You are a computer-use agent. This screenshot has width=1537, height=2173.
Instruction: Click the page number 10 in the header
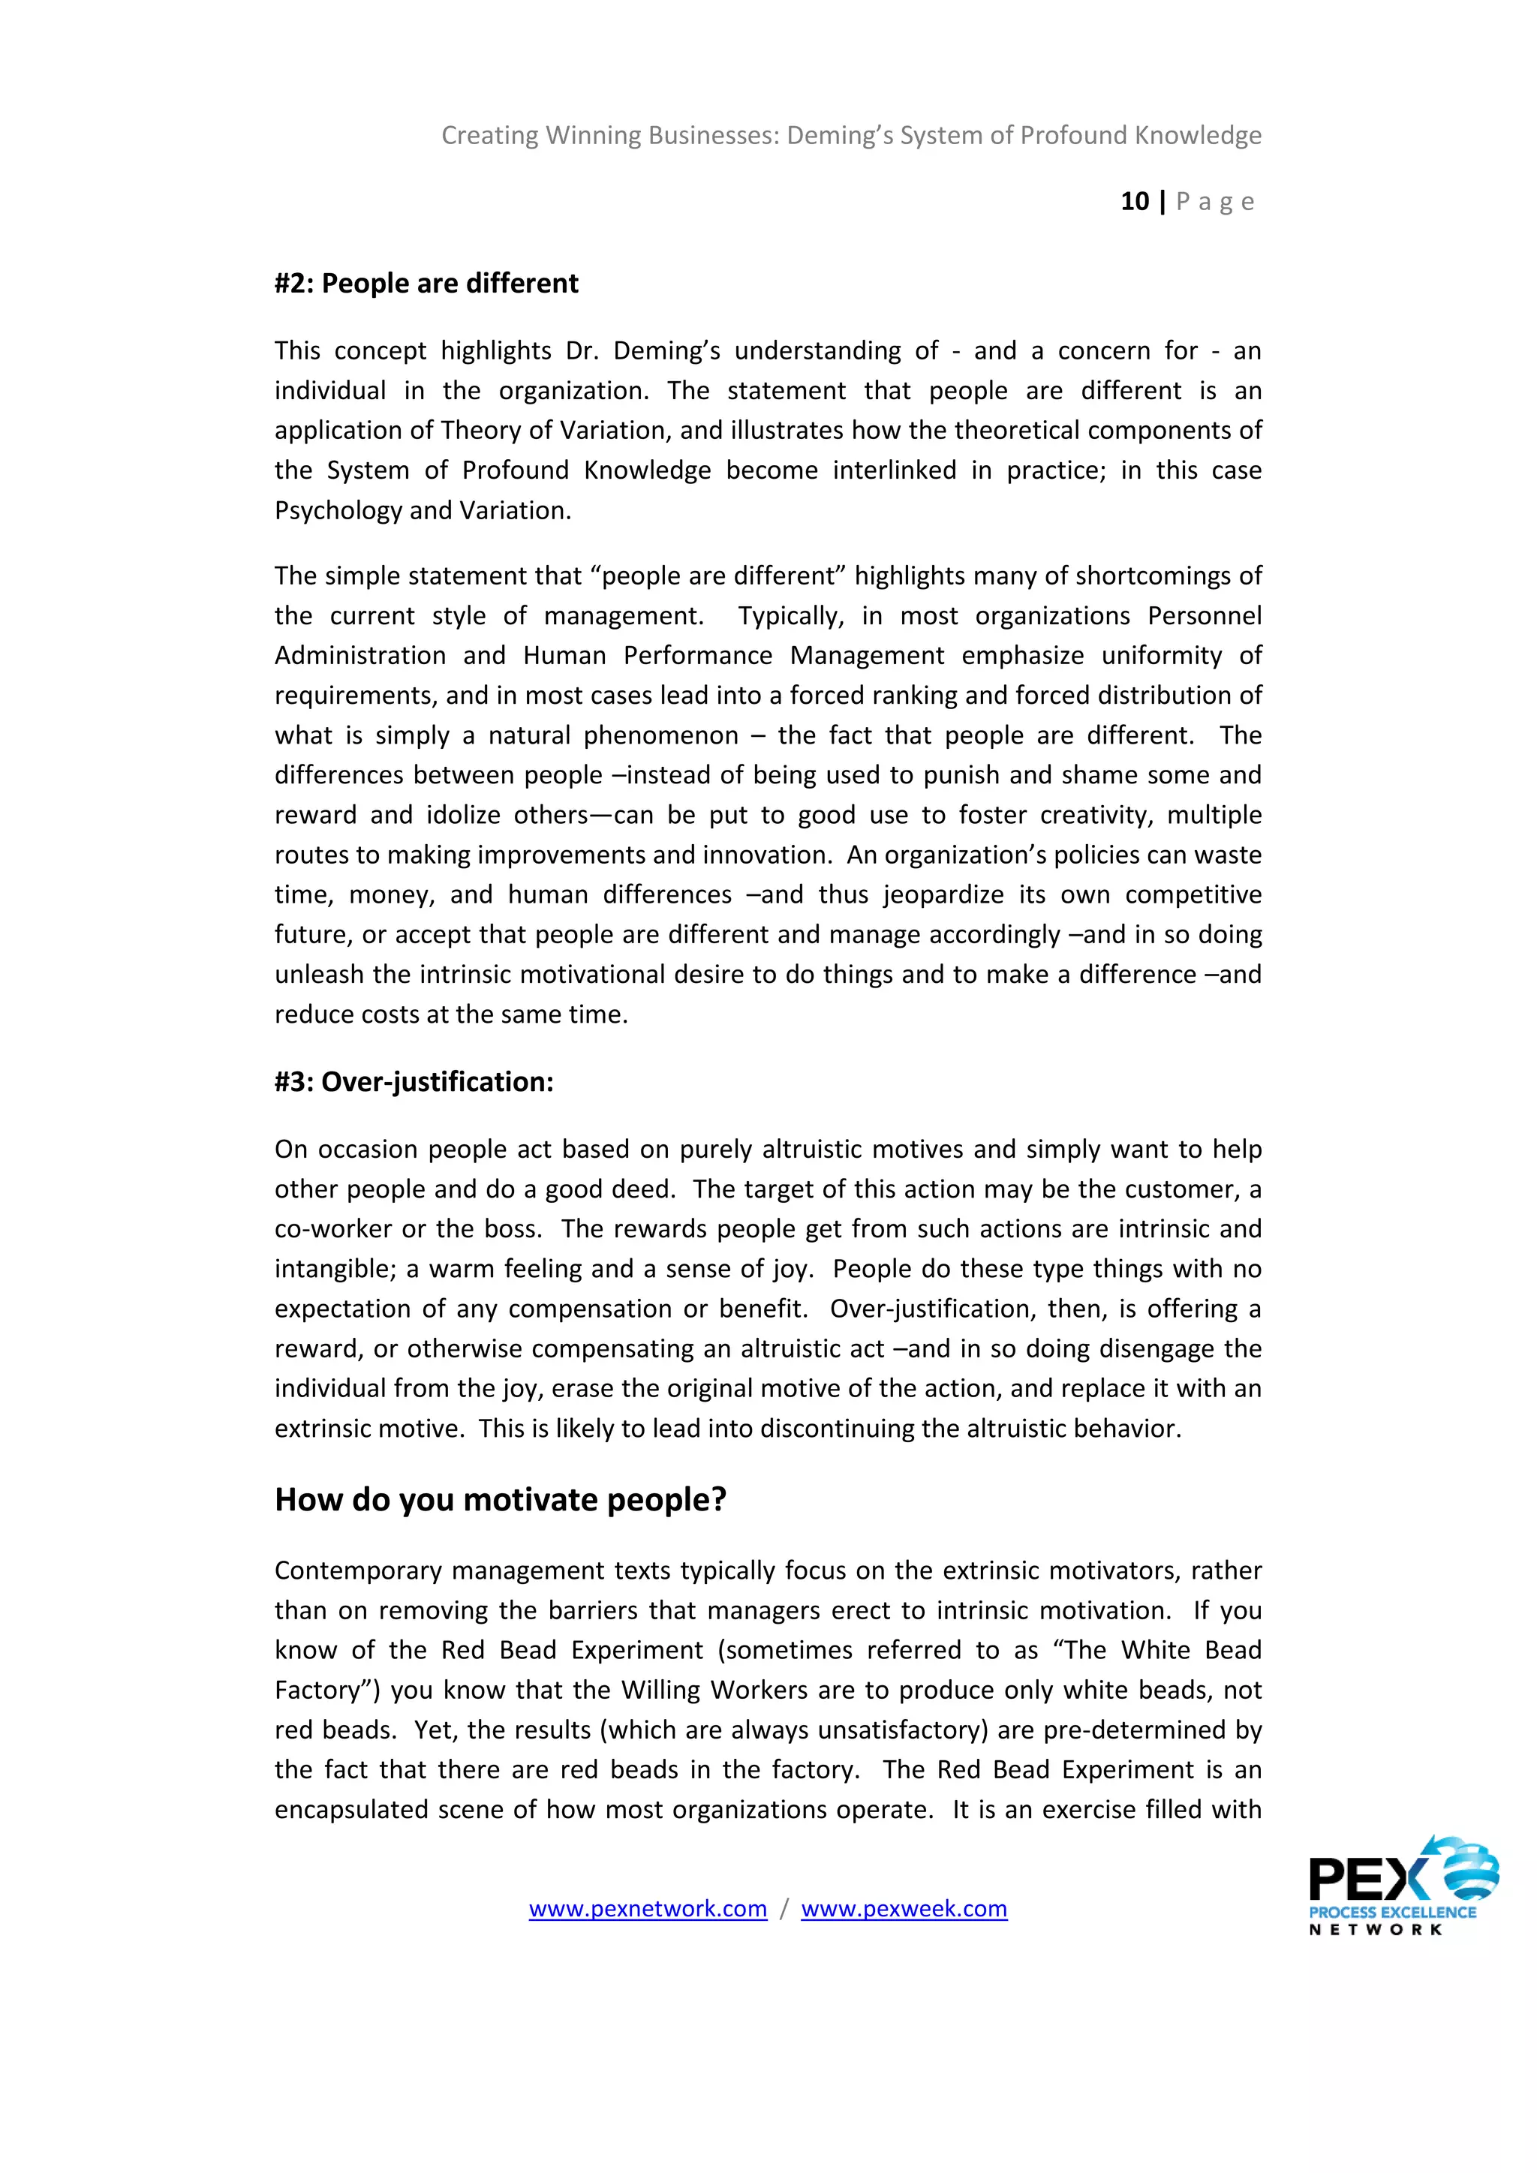[x=1134, y=202]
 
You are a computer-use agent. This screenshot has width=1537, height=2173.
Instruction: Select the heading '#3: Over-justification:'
[x=414, y=1082]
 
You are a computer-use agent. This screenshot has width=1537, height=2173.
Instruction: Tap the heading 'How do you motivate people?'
[x=500, y=1500]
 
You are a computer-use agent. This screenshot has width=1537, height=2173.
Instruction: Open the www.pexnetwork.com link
[x=648, y=1909]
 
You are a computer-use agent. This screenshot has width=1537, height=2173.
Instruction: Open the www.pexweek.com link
[x=904, y=1909]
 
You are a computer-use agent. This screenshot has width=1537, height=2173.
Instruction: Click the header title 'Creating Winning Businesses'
[x=609, y=135]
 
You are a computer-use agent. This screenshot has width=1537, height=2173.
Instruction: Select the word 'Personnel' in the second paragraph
[x=1204, y=616]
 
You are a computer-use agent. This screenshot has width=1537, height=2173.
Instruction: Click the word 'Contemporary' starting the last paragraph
[x=359, y=1570]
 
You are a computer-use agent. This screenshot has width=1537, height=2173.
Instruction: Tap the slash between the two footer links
[x=784, y=1909]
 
